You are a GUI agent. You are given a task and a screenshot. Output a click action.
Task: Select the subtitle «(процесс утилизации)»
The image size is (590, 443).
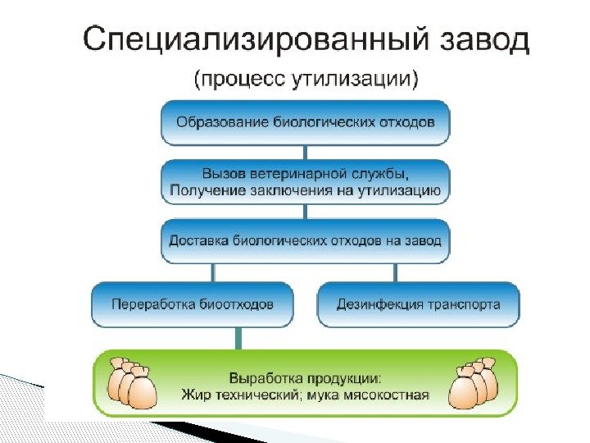point(306,80)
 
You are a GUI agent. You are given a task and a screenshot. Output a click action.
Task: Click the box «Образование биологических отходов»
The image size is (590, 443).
point(305,122)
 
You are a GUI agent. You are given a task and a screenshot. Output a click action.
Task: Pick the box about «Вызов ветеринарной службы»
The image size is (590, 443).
point(305,182)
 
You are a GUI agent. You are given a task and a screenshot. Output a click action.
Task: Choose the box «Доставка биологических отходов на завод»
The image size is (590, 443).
point(305,241)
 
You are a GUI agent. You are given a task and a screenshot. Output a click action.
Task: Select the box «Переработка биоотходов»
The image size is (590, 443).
point(193,304)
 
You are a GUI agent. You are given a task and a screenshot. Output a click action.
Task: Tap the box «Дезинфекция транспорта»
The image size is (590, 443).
point(418,304)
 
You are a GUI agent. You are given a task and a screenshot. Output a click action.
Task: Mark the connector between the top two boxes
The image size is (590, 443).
point(305,153)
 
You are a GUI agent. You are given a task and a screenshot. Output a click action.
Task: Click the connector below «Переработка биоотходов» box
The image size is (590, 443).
point(239,337)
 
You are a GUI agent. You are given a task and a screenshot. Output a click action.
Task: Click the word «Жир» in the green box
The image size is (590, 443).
point(194,394)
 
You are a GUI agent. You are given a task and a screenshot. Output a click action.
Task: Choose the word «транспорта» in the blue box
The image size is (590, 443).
point(463,304)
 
